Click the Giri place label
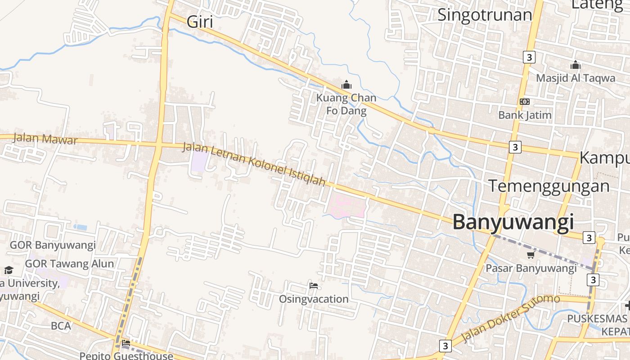click(x=199, y=22)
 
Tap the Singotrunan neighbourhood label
click(x=485, y=15)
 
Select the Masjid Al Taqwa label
click(x=575, y=78)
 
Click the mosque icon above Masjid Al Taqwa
click(x=575, y=65)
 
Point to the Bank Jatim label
click(x=524, y=115)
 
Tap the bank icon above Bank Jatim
click(x=524, y=102)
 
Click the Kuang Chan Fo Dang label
click(x=346, y=104)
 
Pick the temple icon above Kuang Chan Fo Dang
click(x=346, y=85)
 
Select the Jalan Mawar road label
click(x=45, y=139)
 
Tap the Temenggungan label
click(x=549, y=186)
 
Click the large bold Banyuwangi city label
click(x=513, y=222)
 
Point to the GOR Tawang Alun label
click(x=69, y=264)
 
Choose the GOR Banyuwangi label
click(x=53, y=245)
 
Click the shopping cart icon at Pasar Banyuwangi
click(x=531, y=255)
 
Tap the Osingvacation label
click(x=314, y=299)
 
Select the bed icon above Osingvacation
click(x=314, y=286)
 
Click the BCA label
click(x=61, y=326)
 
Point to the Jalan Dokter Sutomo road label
click(x=511, y=318)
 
